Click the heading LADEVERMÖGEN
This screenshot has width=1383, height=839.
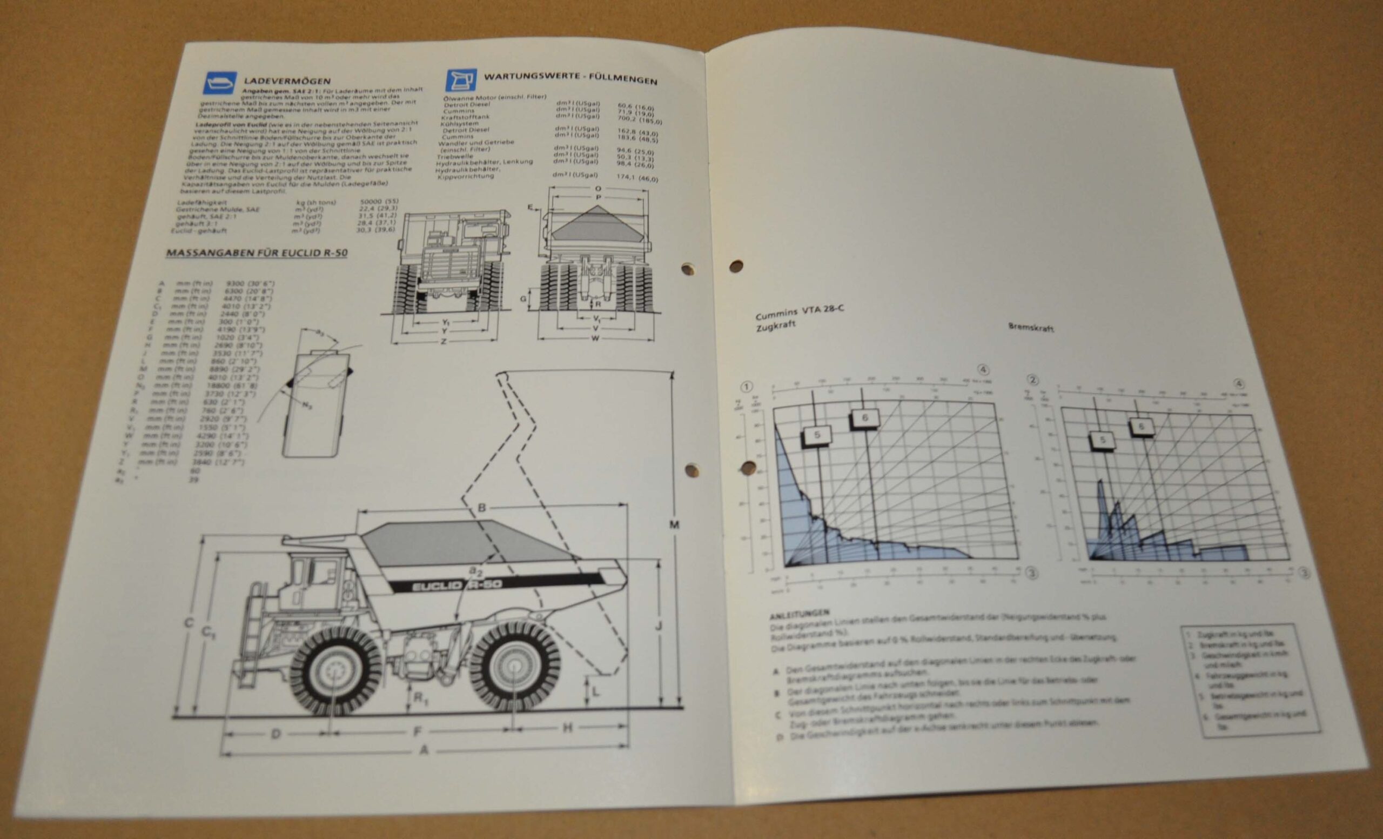click(287, 82)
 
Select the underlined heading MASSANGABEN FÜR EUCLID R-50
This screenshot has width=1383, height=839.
click(257, 252)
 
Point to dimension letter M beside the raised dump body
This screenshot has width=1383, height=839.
click(675, 525)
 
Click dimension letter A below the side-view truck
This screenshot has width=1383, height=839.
click(424, 749)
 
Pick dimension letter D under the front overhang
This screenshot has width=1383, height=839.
click(276, 734)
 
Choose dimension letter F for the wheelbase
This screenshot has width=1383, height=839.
click(418, 731)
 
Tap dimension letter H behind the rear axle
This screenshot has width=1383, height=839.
click(567, 728)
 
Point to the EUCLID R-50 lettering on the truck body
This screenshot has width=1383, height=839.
click(456, 584)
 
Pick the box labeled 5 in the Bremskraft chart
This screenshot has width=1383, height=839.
click(1103, 440)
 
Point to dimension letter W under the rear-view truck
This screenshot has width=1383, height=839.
click(595, 338)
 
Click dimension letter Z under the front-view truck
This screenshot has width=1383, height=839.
click(444, 341)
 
